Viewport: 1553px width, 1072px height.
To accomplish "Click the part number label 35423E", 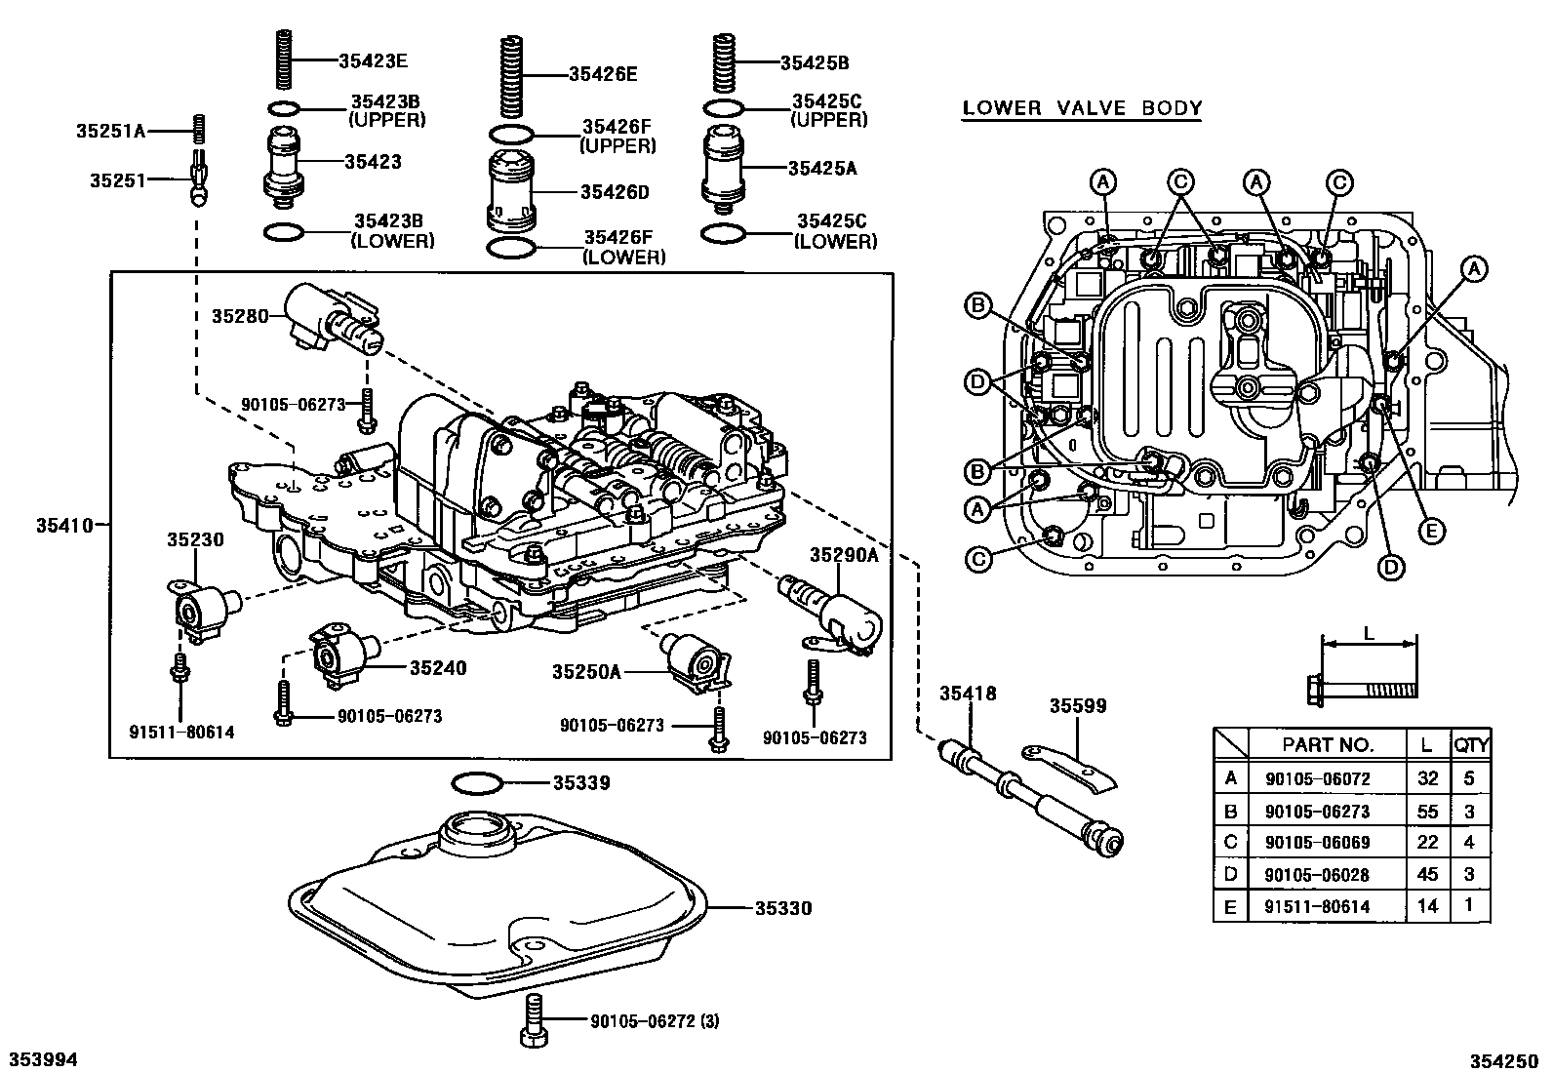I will [x=373, y=60].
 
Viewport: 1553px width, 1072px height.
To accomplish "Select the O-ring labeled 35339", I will [x=478, y=782].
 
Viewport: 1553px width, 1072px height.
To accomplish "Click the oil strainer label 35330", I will [x=782, y=908].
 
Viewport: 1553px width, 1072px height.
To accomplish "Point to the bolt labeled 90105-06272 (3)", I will [x=535, y=1020].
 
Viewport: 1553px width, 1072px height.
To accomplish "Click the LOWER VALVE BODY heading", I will [x=1082, y=107].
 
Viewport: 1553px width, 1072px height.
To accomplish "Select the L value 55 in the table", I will [x=1428, y=812].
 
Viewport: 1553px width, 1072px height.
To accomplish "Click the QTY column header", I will [x=1471, y=745].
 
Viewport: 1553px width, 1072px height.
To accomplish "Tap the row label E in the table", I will [x=1230, y=907].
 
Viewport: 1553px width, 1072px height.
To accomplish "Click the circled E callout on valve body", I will [x=1431, y=531].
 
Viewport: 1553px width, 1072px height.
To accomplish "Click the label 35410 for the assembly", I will [x=64, y=525].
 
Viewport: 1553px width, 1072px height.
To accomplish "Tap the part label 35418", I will [x=968, y=694].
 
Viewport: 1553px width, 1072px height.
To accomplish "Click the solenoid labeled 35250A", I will [x=693, y=665].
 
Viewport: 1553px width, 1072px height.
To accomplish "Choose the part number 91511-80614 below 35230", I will [x=181, y=732].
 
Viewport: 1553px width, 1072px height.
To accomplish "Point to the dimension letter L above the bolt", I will [x=1368, y=633].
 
